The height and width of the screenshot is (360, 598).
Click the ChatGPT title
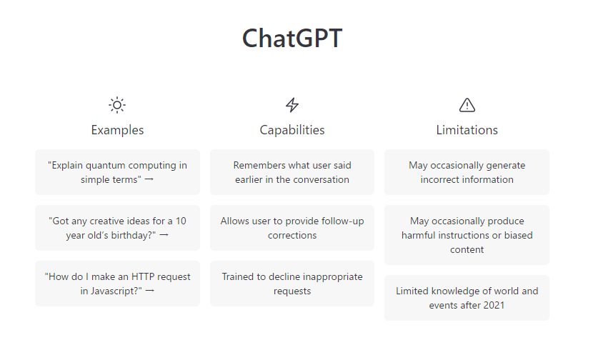click(x=292, y=38)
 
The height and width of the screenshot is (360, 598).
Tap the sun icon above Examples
click(x=117, y=105)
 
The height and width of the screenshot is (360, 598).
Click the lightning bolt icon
click(x=292, y=105)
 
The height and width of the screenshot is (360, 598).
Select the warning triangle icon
click(x=467, y=105)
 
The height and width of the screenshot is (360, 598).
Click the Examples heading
click(x=117, y=130)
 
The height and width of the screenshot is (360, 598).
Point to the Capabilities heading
click(x=292, y=130)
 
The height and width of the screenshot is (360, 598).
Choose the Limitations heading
click(x=467, y=130)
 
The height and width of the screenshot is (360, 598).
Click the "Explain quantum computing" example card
click(x=117, y=172)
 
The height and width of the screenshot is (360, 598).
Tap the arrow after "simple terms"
click(x=149, y=179)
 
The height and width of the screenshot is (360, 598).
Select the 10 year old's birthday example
click(x=117, y=228)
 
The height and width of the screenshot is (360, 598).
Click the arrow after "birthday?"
click(x=164, y=235)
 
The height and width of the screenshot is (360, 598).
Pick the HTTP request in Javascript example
click(x=117, y=284)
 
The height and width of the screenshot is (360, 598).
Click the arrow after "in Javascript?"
click(x=150, y=291)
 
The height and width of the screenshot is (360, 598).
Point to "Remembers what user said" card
click(x=292, y=172)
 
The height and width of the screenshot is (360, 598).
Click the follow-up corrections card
click(x=292, y=228)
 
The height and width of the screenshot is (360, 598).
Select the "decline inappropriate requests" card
click(x=292, y=284)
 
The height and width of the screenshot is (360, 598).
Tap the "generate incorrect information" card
click(x=467, y=172)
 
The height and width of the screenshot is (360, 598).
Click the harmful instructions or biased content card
click(x=467, y=235)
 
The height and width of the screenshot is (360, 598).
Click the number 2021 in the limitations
click(x=494, y=305)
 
